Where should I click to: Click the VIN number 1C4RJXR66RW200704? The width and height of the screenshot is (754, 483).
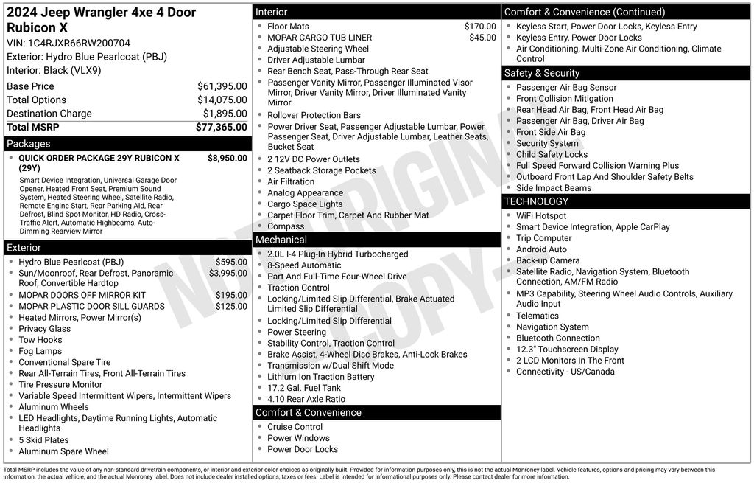tap(68, 43)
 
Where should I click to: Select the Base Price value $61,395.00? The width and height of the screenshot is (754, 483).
tap(222, 86)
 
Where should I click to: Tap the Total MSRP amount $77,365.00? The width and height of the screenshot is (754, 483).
tap(221, 127)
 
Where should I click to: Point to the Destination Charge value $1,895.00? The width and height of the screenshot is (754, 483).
tap(225, 114)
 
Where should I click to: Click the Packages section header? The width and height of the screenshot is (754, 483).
tap(29, 144)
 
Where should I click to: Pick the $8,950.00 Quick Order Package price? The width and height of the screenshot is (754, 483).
tap(227, 158)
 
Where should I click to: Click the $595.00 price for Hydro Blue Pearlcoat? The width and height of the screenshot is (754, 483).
tap(231, 262)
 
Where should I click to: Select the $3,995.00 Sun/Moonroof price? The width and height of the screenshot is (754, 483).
tap(228, 273)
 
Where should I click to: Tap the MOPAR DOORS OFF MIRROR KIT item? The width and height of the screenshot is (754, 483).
tap(82, 295)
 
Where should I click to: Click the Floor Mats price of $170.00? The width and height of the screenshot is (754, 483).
tap(479, 27)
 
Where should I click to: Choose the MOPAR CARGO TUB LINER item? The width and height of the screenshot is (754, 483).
tap(320, 38)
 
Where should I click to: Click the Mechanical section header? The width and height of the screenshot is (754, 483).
tap(281, 240)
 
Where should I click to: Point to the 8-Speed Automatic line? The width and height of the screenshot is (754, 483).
tap(304, 265)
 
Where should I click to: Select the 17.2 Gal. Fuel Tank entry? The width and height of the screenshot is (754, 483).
tap(304, 388)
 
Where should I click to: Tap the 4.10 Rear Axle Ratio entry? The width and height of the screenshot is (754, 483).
tap(306, 399)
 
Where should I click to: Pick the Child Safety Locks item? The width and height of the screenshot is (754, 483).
tap(552, 154)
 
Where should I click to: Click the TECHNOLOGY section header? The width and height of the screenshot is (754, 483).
tap(536, 201)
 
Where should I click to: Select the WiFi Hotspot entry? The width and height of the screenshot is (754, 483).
tap(541, 215)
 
